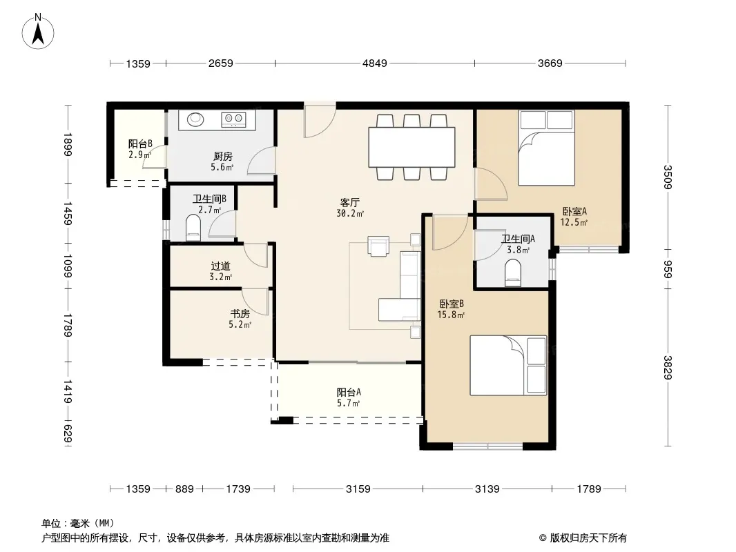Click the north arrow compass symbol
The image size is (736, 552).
tap(38, 31)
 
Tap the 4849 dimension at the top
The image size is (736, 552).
tap(375, 63)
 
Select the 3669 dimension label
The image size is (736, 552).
tap(550, 63)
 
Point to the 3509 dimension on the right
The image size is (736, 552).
tap(668, 177)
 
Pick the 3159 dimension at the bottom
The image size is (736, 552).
tap(358, 489)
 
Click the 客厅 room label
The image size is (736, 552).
tap(349, 202)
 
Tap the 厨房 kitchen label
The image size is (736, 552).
tap(222, 156)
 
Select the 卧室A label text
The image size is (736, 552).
tap(574, 212)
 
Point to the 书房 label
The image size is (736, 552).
tap(240, 313)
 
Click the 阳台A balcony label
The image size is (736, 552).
tap(349, 392)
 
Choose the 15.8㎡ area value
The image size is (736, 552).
tap(451, 315)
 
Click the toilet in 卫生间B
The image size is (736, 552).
tap(193, 228)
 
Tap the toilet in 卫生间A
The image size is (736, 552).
tap(512, 273)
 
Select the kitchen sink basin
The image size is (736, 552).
tap(195, 119)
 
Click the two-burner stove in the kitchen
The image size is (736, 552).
tap(233, 119)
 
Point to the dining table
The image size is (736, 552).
tap(411, 147)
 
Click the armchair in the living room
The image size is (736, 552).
tap(378, 246)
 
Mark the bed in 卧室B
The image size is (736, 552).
tap(508, 365)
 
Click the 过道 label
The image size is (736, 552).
tap(221, 266)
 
